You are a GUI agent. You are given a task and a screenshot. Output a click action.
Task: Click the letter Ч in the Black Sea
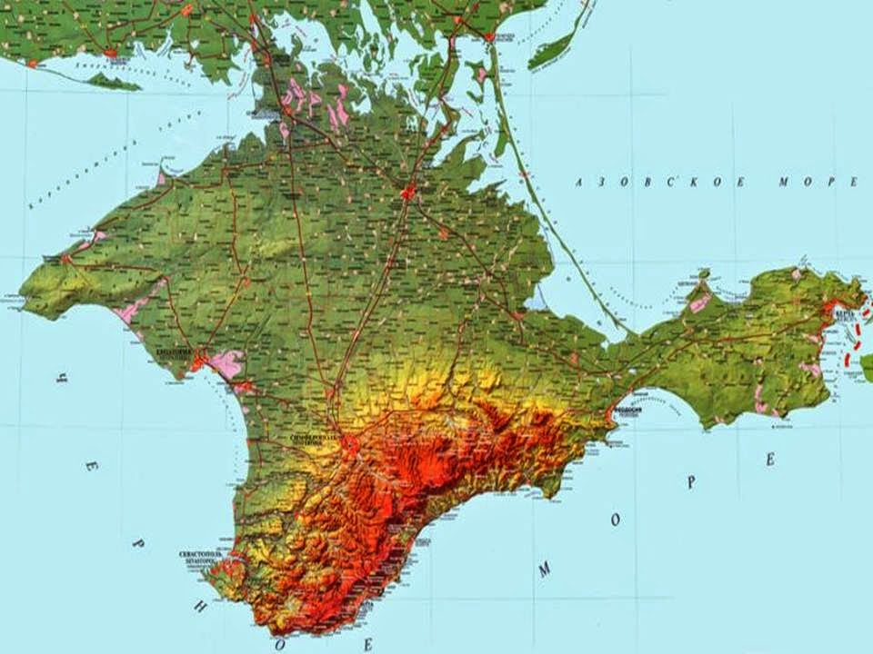click(x=62, y=373)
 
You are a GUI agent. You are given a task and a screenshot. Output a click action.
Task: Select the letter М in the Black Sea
click(x=545, y=570)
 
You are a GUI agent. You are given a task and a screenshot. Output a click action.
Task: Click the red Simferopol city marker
click(x=350, y=444)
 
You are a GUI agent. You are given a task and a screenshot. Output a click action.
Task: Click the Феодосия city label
click(x=628, y=410)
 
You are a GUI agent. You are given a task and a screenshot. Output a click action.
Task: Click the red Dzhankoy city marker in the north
click(x=409, y=193)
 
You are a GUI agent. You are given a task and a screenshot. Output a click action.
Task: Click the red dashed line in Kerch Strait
click(x=855, y=350)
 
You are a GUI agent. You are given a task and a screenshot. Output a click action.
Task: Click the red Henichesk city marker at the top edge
click(x=490, y=37)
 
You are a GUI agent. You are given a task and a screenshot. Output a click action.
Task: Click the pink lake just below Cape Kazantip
click(x=700, y=303)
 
